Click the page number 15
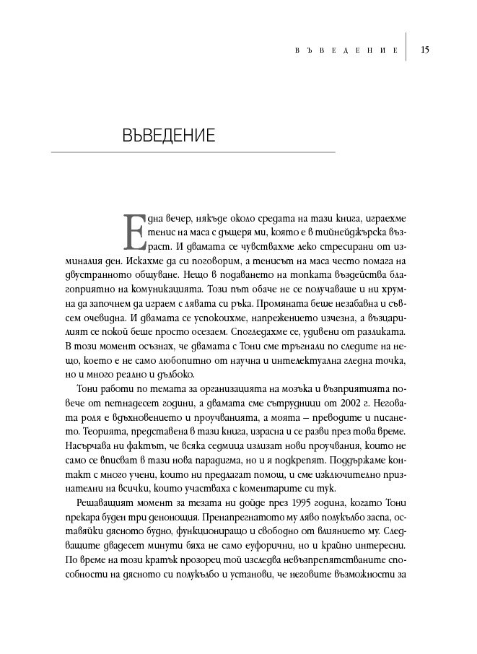pyautogui.click(x=426, y=50)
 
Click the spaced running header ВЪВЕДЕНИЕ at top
pyautogui.click(x=347, y=51)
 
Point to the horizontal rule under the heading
pyautogui.click(x=193, y=152)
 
